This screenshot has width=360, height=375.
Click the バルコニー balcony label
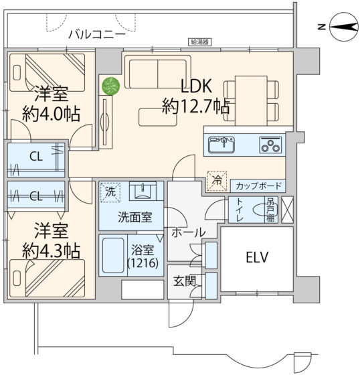[97, 34]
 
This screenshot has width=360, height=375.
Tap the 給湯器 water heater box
[199, 42]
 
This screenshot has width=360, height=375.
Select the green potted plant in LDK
[110, 86]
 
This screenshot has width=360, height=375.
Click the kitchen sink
[221, 145]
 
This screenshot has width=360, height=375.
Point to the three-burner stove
[270, 145]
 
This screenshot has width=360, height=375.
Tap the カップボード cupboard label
[258, 186]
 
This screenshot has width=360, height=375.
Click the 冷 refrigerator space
[217, 181]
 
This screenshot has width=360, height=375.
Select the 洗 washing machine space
[110, 192]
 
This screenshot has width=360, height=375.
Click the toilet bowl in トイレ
[259, 210]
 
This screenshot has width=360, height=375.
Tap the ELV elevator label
[257, 257]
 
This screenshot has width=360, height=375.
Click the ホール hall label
[189, 232]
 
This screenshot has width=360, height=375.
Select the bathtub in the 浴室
[113, 255]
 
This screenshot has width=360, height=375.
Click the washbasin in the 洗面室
[143, 191]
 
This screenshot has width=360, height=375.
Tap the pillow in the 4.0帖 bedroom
[17, 72]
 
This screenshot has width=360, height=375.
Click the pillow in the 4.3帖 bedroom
[17, 278]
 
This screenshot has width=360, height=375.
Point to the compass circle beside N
[344, 27]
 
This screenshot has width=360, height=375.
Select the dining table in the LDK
[251, 100]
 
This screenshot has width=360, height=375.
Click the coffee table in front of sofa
[158, 117]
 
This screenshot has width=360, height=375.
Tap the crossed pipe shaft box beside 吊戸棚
[287, 210]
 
